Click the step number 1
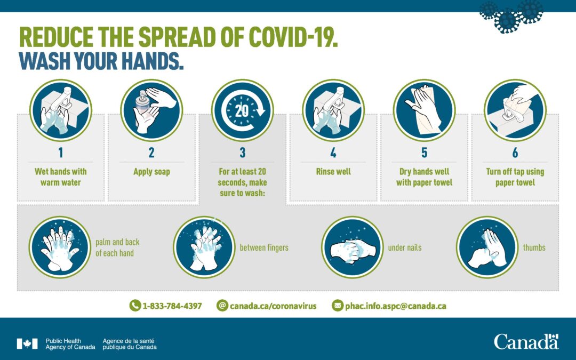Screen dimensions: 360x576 tap(60, 153)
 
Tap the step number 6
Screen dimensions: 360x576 tap(515, 153)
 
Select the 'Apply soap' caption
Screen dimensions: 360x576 tap(151, 172)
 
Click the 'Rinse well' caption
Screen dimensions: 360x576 tap(333, 172)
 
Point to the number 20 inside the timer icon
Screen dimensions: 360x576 tap(242, 110)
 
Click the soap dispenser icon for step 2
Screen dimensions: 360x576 tap(151, 110)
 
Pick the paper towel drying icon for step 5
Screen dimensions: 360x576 tap(424, 110)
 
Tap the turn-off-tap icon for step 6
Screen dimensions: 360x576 tap(515, 110)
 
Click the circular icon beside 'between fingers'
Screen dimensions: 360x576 tap(204, 247)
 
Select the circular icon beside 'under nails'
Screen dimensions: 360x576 tap(352, 247)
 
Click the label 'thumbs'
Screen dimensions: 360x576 tap(534, 247)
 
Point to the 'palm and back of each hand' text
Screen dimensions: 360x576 tap(117, 247)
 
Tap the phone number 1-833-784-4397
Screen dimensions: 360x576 tap(172, 306)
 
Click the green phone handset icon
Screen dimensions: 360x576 tap(135, 306)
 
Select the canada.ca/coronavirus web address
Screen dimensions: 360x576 tap(273, 306)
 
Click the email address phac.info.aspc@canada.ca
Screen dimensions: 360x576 tap(396, 306)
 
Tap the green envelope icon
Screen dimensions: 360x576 tap(338, 306)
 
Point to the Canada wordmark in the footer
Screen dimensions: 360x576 tap(526, 341)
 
